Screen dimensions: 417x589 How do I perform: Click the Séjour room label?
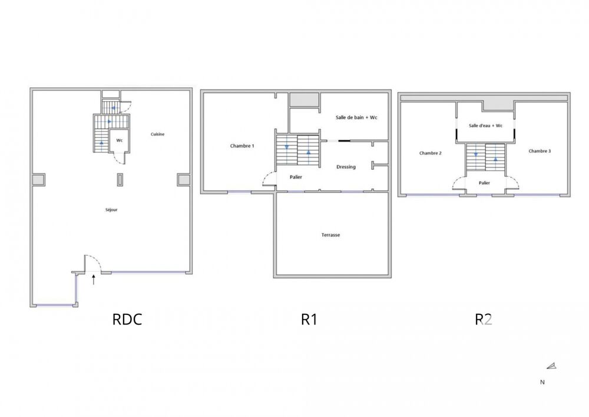110,209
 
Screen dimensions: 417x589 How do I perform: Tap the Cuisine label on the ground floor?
157,134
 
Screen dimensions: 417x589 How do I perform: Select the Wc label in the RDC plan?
119,140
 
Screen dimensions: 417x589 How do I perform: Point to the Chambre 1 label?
242,146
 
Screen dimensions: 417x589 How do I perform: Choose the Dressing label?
346,167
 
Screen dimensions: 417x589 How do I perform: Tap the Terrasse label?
330,235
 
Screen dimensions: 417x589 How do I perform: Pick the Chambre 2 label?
431,153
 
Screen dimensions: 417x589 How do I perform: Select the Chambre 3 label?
540,151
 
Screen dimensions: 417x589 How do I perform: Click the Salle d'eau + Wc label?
485,126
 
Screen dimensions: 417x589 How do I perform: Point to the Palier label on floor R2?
484,183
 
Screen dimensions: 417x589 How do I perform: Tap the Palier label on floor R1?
296,177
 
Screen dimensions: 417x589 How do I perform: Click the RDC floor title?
127,320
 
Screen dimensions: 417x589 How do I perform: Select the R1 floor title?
309,320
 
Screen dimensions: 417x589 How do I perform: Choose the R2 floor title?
484,320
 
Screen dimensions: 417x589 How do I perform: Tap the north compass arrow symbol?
551,366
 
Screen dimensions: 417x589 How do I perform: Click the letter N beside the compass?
542,382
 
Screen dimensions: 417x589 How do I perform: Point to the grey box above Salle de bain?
304,100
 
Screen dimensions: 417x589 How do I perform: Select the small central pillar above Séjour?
120,179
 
